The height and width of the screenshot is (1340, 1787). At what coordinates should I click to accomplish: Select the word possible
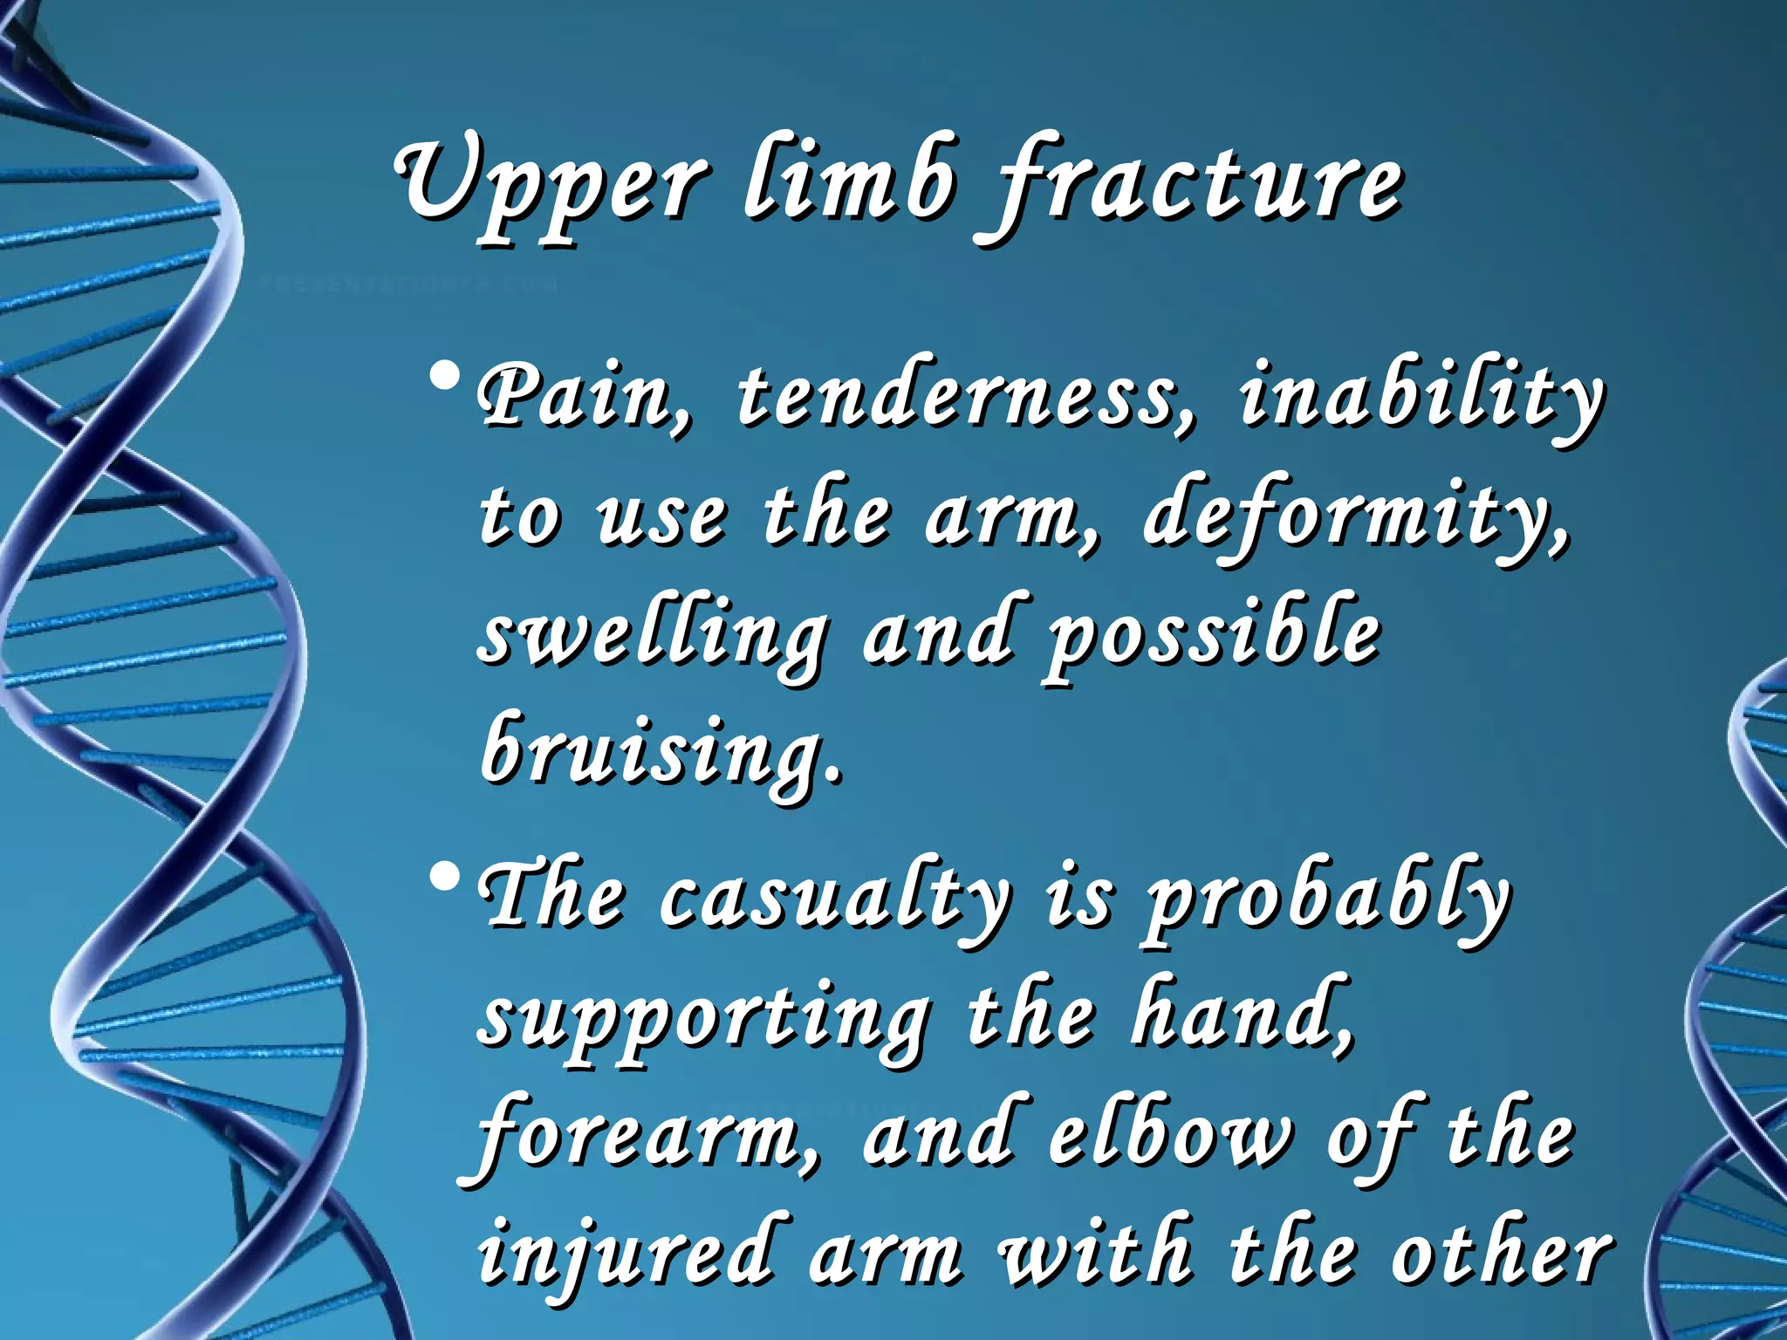click(1213, 637)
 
